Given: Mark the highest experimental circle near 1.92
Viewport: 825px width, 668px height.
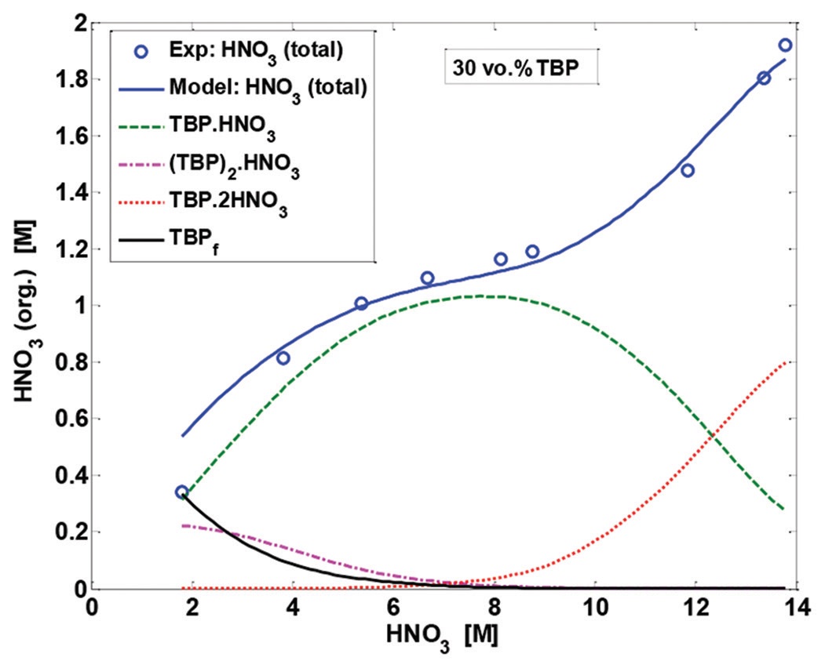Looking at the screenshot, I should point(784,45).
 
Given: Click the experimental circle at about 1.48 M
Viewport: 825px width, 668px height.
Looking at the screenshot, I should point(687,170).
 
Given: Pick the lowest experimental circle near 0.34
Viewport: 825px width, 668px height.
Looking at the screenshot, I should point(181,492).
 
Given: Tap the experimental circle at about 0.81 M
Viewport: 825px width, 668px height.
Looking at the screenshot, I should point(283,358).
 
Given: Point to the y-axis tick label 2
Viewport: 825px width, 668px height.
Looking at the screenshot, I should point(79,24).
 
